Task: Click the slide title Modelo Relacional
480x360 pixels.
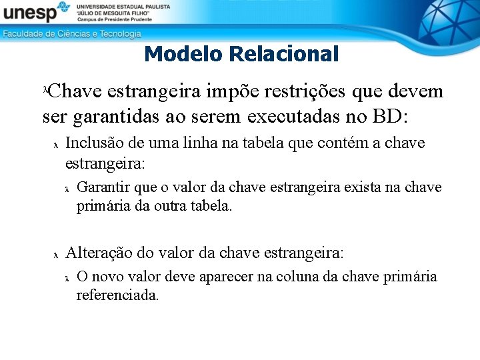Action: click(241, 54)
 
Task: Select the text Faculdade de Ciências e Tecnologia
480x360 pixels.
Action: click(72, 33)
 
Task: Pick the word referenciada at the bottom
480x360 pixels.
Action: click(117, 295)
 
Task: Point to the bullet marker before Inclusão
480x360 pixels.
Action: click(56, 145)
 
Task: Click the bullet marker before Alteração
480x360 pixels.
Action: click(56, 255)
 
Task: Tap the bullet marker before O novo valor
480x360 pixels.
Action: click(67, 278)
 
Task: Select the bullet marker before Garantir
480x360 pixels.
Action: click(67, 189)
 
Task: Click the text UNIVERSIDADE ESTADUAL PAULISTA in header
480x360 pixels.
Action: click(123, 6)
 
